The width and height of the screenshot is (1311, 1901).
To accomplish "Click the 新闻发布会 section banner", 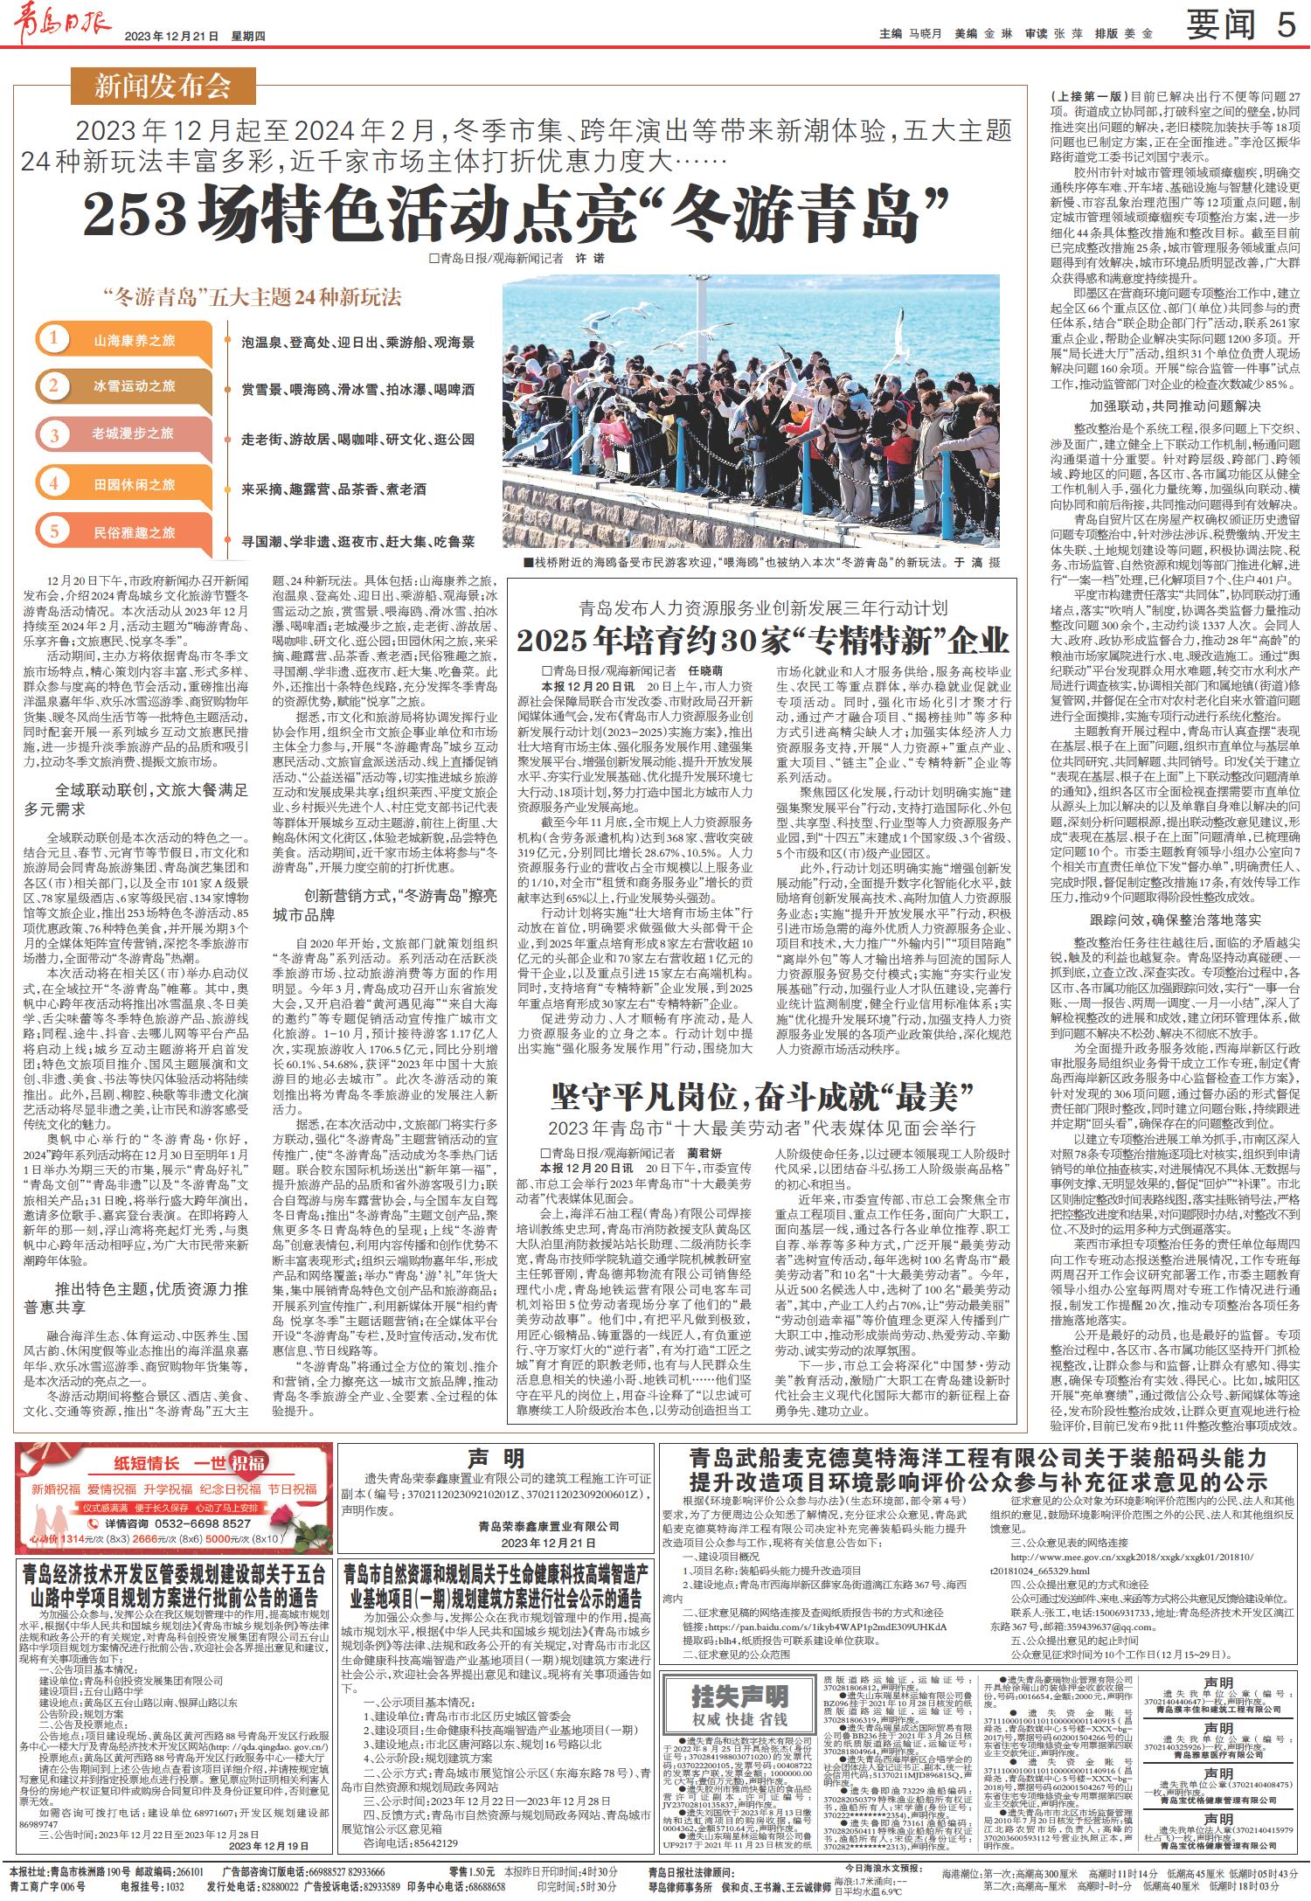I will [x=163, y=87].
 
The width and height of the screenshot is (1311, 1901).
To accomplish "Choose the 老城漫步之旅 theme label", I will [x=133, y=434].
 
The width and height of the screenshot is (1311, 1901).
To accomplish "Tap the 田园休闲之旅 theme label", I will [x=134, y=484].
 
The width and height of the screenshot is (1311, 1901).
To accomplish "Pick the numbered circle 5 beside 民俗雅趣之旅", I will [x=54, y=531].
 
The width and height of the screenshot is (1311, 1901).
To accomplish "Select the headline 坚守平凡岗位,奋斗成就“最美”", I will [x=761, y=1094].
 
